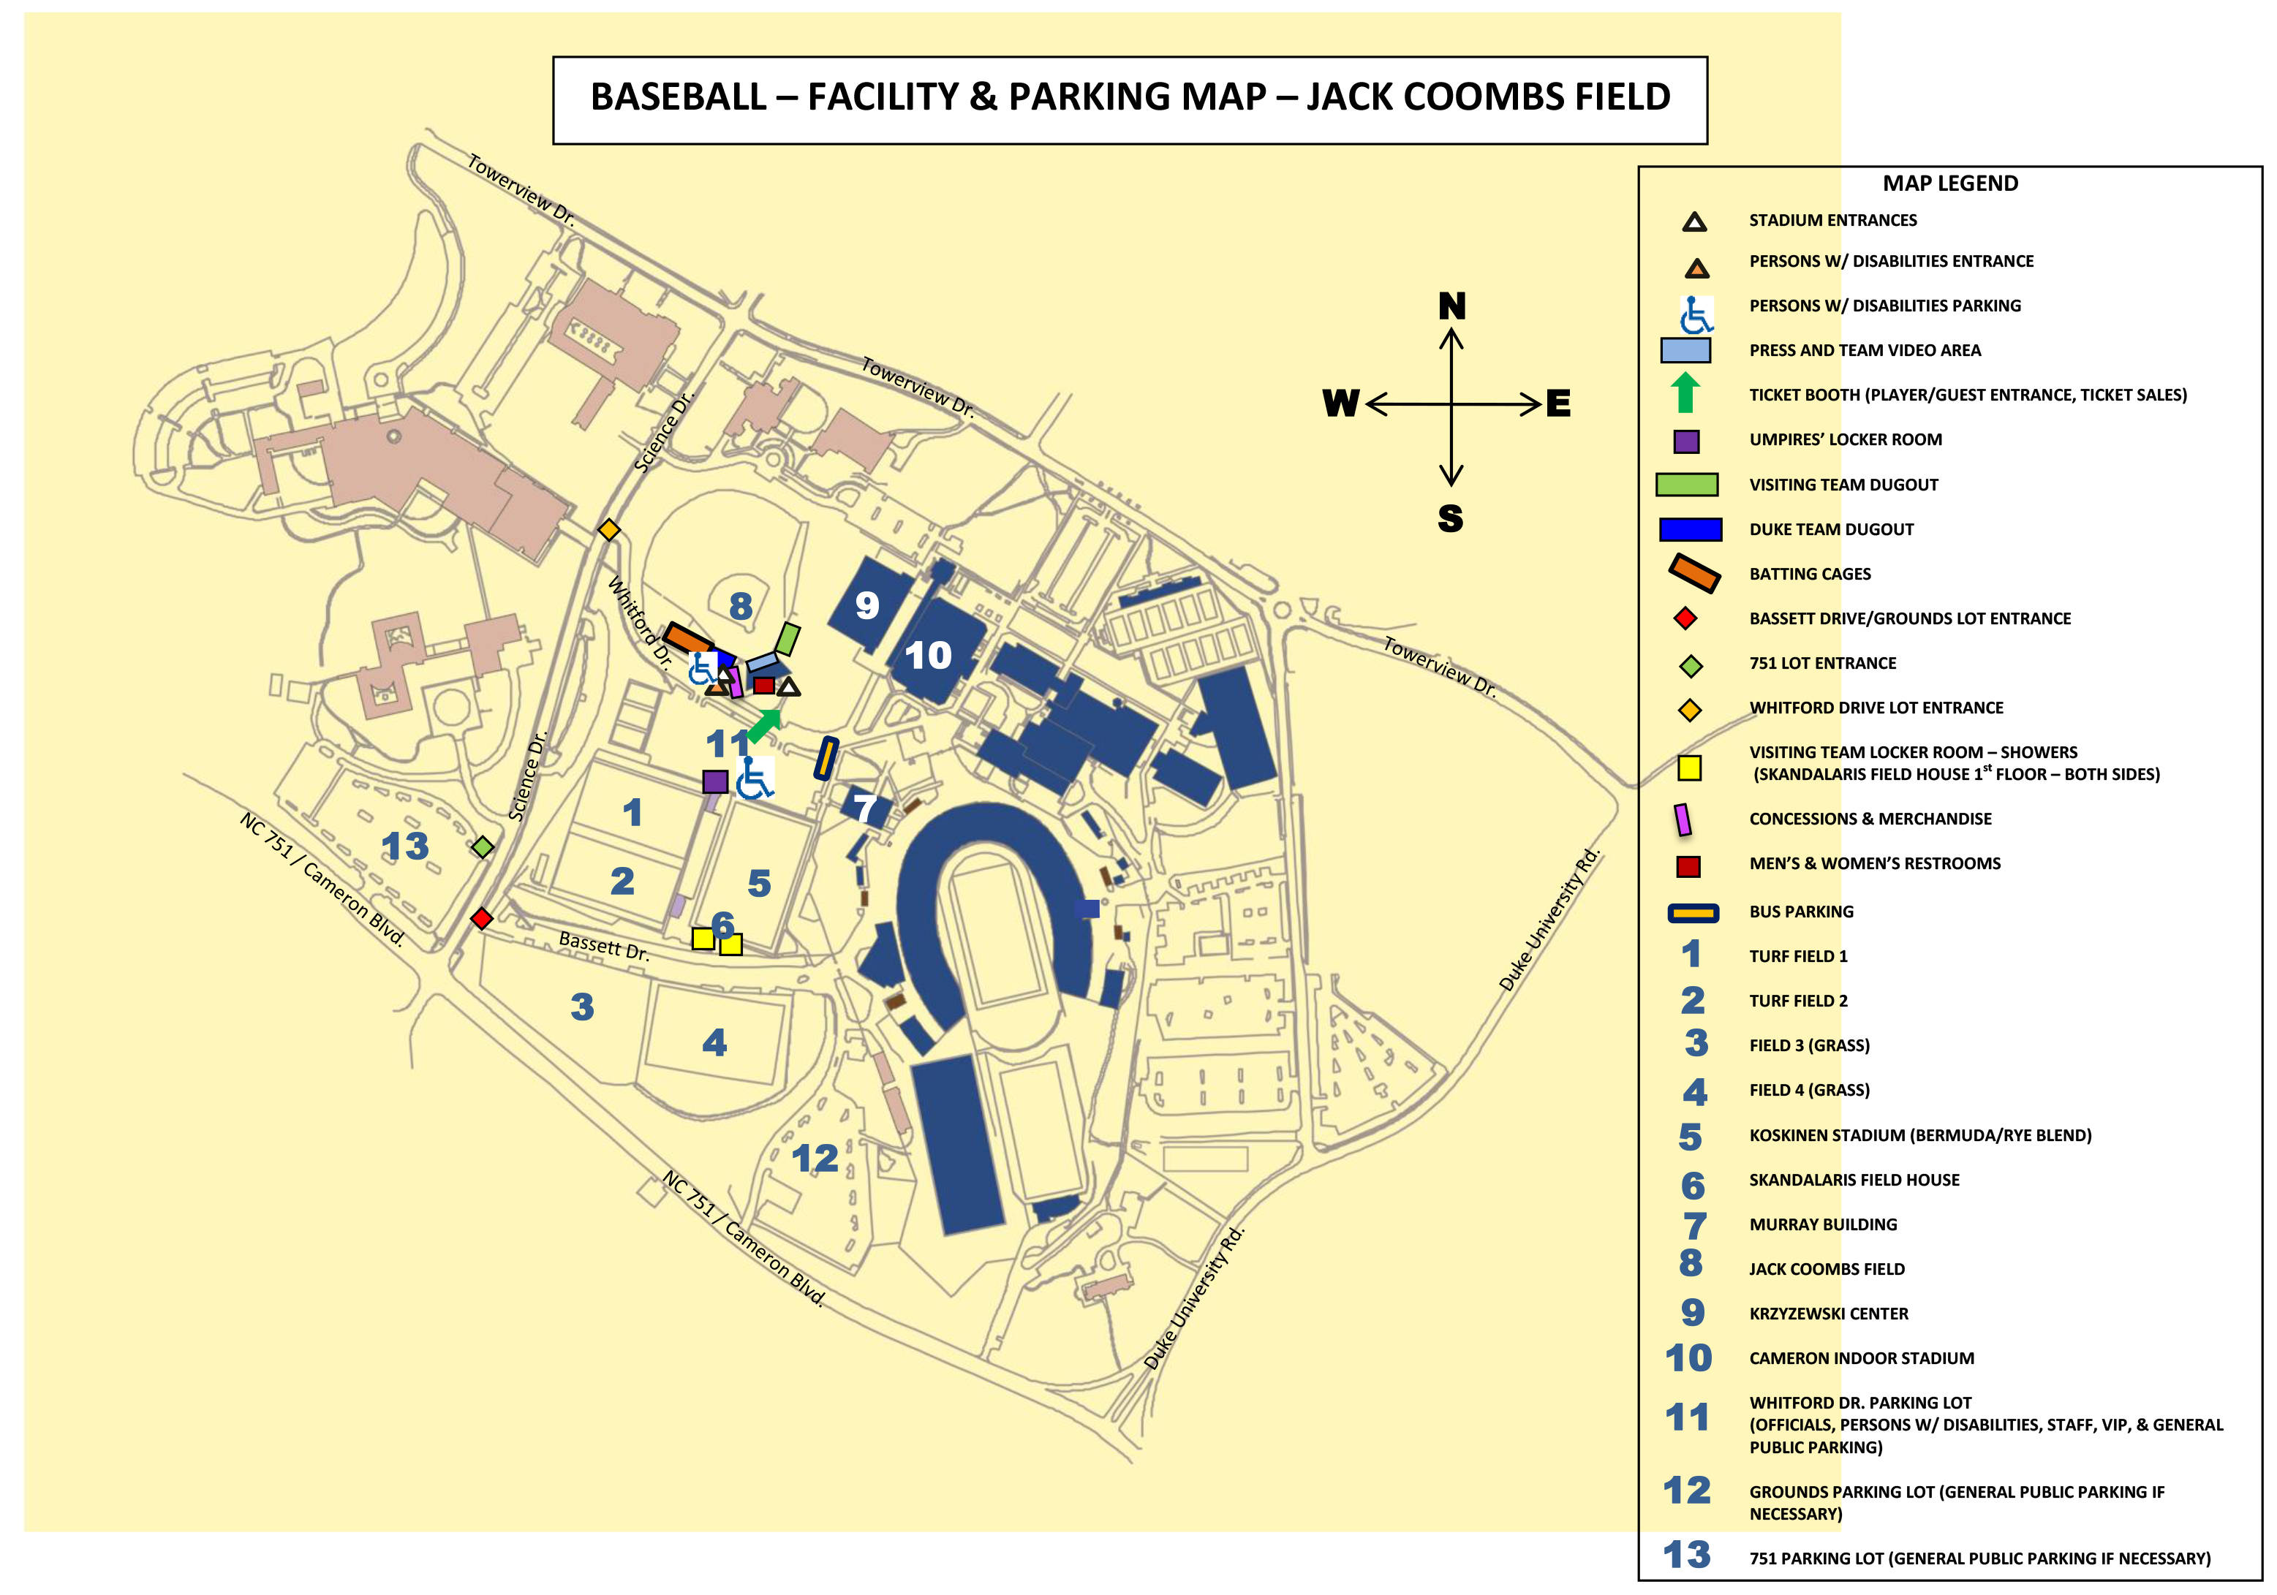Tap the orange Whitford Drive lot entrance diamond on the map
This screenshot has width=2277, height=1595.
coord(609,531)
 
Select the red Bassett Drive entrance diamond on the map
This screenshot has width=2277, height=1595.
coord(482,919)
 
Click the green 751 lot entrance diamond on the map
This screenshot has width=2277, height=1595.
coord(483,846)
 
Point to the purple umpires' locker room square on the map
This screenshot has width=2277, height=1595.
coord(715,781)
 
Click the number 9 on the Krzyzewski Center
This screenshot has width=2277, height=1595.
coord(866,605)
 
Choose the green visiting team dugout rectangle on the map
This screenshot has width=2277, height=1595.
coord(788,640)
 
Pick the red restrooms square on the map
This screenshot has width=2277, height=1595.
coord(763,685)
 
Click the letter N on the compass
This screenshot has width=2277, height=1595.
coord(1452,306)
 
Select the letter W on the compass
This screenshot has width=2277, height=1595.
coord(1341,404)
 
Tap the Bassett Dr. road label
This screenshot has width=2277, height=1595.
coord(604,946)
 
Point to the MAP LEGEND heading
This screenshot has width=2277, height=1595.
coord(1949,183)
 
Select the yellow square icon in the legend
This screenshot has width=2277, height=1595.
coord(1689,768)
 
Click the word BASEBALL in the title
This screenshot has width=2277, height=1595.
coord(679,97)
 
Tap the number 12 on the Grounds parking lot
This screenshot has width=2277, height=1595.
coord(815,1158)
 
